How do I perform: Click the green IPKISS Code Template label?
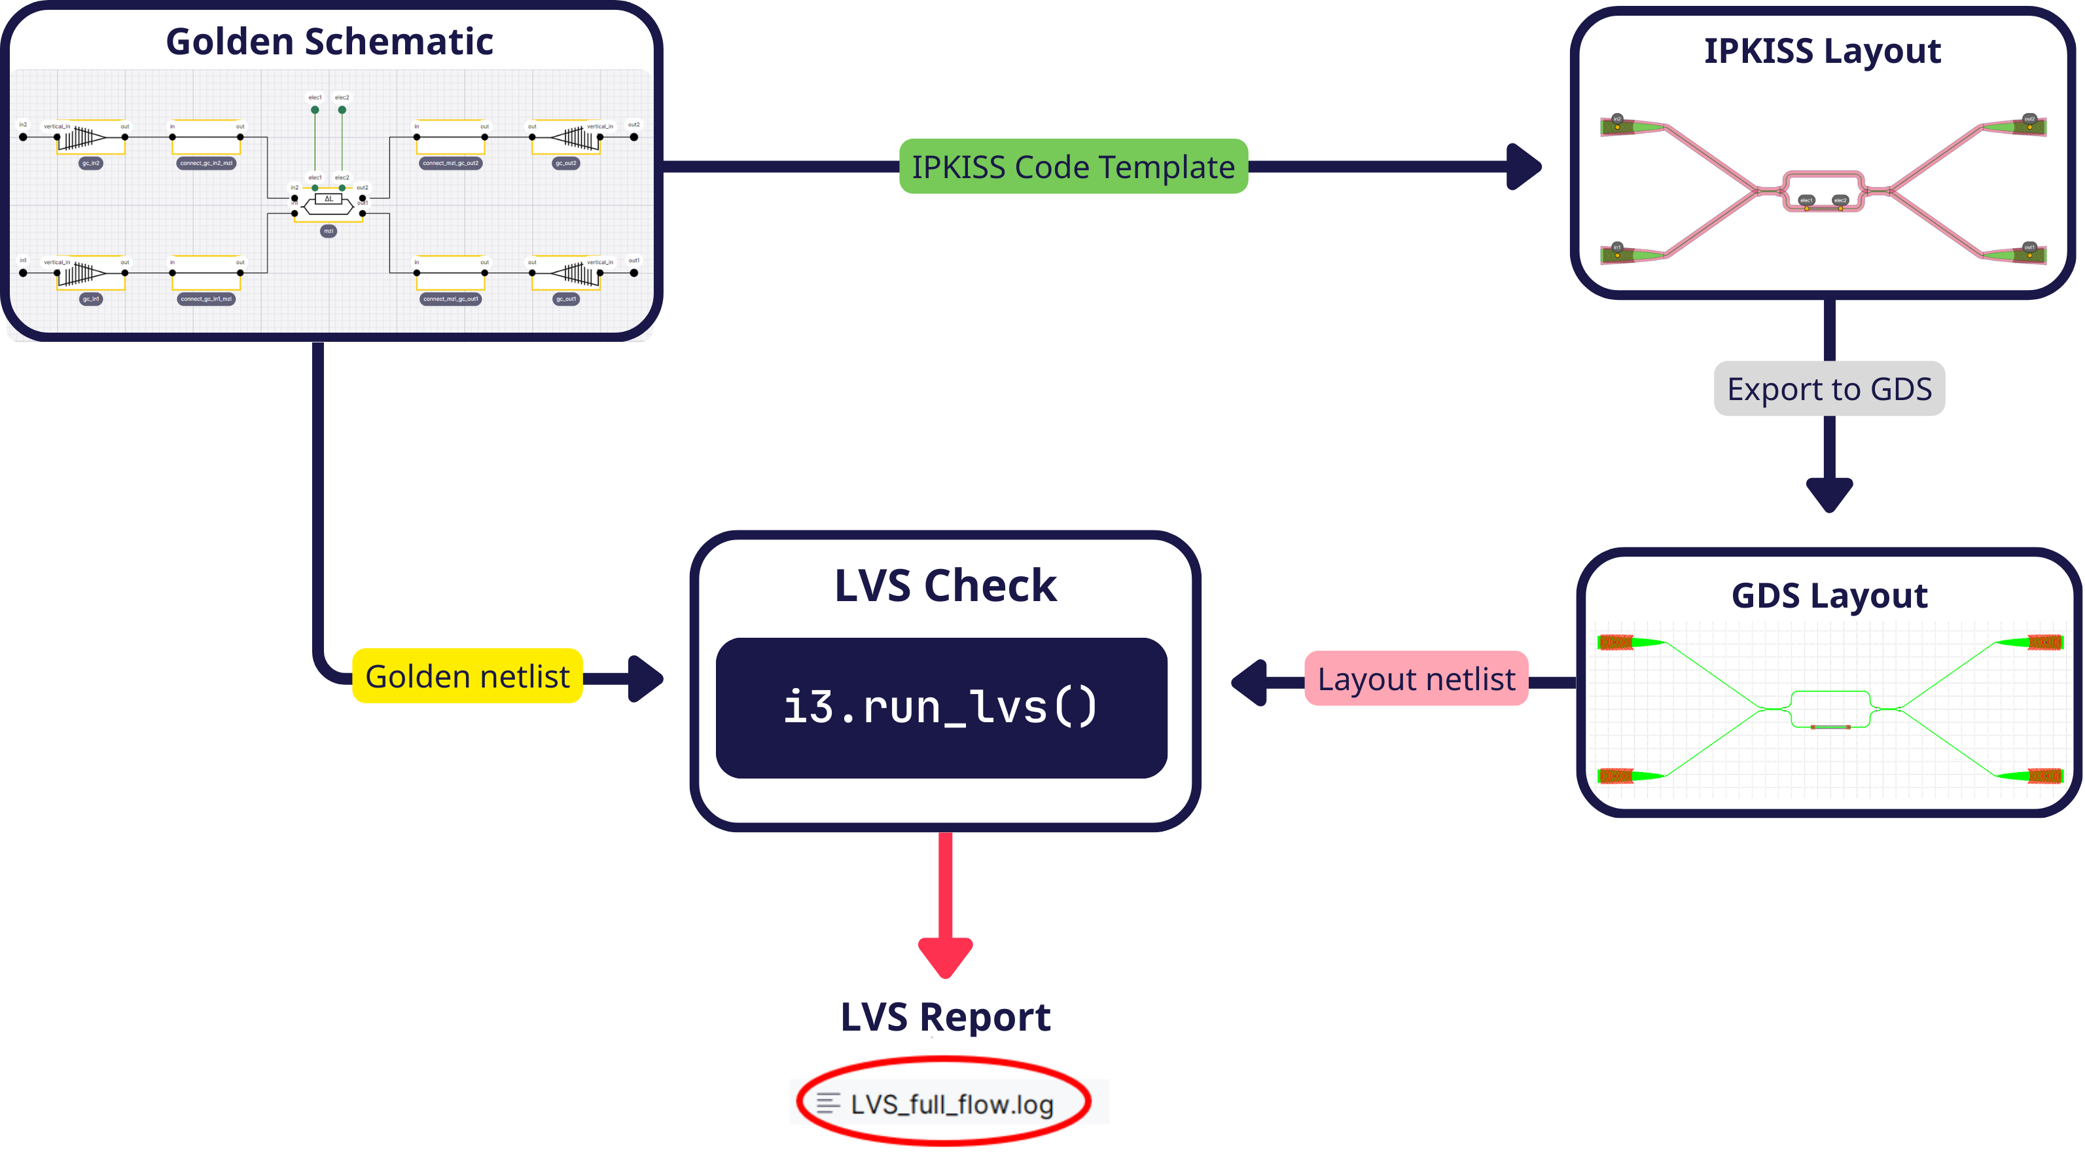[1073, 167]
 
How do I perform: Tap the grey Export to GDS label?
[1829, 390]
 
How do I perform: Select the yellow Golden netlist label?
[467, 676]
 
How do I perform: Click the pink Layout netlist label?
[1416, 678]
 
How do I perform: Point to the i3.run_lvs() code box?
[941, 707]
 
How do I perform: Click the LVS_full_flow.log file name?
[952, 1105]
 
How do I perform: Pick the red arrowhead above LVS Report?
[946, 956]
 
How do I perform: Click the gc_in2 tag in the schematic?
[91, 164]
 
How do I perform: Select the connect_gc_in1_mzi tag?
[206, 299]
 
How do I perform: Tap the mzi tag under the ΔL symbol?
[329, 230]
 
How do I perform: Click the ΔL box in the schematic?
[329, 198]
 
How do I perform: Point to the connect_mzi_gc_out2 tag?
[451, 164]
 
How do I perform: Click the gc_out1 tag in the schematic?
[566, 299]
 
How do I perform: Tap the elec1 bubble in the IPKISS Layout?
[1806, 200]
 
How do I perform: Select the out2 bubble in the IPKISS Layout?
[2029, 119]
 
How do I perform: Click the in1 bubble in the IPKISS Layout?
[1617, 247]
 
